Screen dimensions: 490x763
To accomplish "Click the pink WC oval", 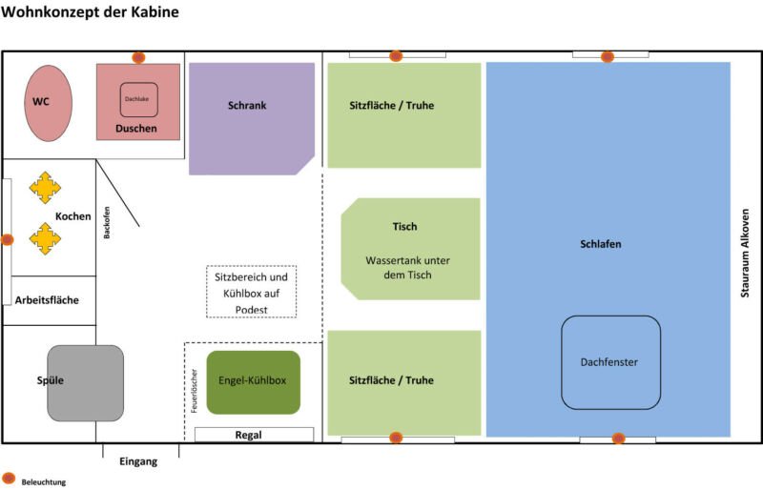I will (48, 103).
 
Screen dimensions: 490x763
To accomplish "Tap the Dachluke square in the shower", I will (138, 99).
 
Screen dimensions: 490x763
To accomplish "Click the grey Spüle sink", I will (85, 383).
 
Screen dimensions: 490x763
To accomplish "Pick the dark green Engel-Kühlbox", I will (253, 381).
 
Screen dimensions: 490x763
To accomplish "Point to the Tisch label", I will (404, 227).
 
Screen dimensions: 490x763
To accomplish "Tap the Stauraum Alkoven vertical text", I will (746, 253).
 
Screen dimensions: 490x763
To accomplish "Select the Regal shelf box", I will (254, 435).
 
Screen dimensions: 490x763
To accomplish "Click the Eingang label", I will (138, 461).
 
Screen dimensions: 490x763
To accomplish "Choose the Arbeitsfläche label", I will (47, 300).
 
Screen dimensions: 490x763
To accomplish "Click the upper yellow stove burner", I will (44, 188).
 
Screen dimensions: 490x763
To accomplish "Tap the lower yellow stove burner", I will (44, 237).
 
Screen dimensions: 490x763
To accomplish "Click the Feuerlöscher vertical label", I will (194, 391).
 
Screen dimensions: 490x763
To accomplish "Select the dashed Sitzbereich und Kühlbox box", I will (252, 292).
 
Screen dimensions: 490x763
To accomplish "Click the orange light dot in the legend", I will (9, 478).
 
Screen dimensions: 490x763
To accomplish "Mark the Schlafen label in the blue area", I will (601, 244).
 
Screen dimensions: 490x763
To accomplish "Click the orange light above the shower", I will (138, 57).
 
